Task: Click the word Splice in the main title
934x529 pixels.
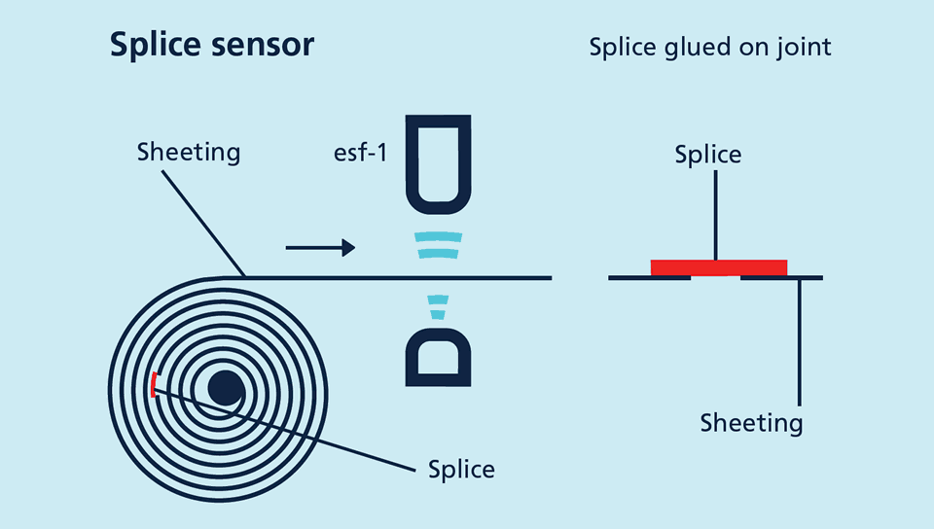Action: (x=151, y=45)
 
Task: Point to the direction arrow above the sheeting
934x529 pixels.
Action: (x=320, y=248)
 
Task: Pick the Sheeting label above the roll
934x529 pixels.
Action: (x=189, y=153)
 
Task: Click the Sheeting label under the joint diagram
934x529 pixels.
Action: (x=752, y=423)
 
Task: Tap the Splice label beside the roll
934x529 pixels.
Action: (x=461, y=470)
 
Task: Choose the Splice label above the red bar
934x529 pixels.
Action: (x=708, y=155)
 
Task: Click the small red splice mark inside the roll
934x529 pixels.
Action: (x=153, y=384)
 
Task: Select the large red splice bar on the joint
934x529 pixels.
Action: (x=719, y=267)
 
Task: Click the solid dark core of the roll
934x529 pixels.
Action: (x=226, y=388)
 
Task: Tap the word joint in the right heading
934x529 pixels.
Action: (x=803, y=47)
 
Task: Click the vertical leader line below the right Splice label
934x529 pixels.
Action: (x=715, y=214)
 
